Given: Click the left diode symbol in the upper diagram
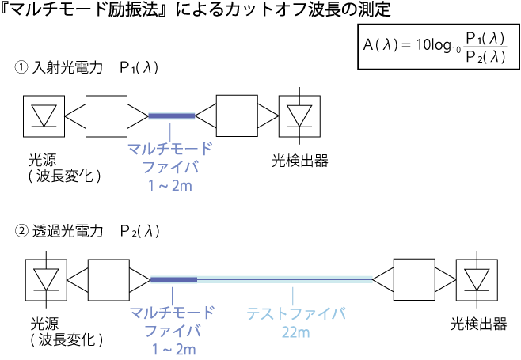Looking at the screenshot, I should [x=44, y=116].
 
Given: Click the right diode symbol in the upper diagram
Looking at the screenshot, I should [x=299, y=116].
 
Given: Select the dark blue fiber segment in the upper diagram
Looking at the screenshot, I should [x=171, y=116].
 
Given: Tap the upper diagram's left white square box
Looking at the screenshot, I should [x=106, y=116].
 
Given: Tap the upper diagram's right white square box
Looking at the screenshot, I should [x=237, y=116].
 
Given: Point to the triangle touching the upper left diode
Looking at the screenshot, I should [x=75, y=116].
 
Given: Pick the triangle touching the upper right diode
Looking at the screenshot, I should [x=268, y=116].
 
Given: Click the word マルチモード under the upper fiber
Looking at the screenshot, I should [x=170, y=148].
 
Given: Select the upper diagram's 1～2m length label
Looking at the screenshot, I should [x=170, y=187].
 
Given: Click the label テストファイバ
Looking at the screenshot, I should [x=295, y=313].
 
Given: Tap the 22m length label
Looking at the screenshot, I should [x=295, y=332].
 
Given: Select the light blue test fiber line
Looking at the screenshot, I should [x=285, y=279].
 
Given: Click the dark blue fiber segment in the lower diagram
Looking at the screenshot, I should [x=173, y=279].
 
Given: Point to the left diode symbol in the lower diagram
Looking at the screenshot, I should [x=47, y=279].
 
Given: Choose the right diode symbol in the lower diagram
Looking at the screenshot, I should [x=477, y=279].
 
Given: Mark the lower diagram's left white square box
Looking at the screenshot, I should [x=108, y=279].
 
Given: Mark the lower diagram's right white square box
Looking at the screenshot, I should [x=414, y=279].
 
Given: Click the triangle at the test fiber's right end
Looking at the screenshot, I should [x=384, y=279].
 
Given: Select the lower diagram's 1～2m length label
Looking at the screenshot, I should [x=173, y=349].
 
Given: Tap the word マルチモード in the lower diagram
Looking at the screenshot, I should [x=173, y=313].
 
